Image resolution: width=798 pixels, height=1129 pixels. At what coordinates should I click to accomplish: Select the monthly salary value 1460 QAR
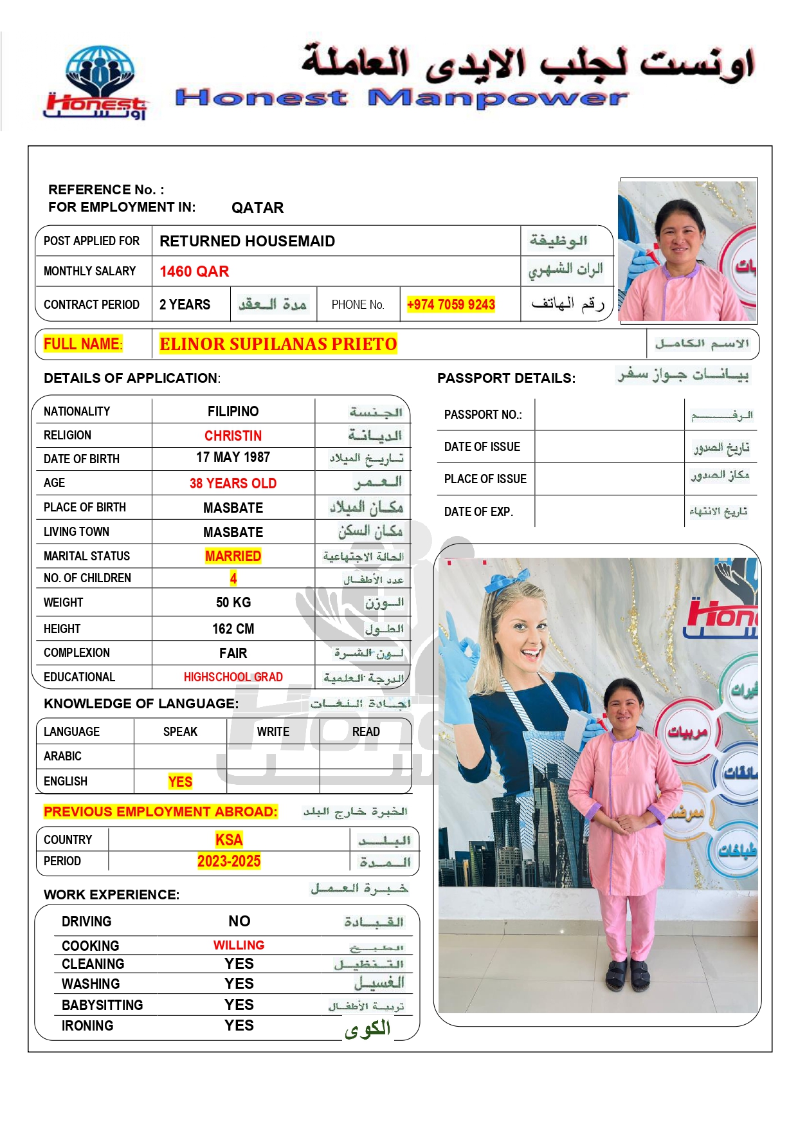[x=194, y=271]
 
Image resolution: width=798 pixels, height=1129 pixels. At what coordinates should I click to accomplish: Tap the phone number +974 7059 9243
[x=451, y=304]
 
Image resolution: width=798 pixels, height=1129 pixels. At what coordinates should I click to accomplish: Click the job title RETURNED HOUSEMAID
[x=247, y=241]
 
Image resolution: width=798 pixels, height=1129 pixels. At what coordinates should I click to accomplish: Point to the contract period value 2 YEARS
[x=185, y=304]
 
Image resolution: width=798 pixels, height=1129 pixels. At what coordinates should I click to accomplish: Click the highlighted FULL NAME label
[x=82, y=344]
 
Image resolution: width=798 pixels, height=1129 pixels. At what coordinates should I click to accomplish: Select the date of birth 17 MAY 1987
[x=233, y=457]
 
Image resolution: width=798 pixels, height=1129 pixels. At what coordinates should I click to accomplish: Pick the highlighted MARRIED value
[x=233, y=556]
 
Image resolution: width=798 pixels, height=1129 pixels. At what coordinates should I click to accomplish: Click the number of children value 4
[x=233, y=578]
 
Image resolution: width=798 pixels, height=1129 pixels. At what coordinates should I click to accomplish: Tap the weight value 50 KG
[x=233, y=603]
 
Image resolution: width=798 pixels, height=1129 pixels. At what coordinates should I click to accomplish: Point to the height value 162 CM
[x=233, y=629]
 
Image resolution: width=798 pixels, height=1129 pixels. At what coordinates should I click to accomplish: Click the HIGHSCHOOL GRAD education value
[x=233, y=677]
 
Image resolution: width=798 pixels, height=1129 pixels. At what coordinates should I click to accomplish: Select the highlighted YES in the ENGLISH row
[x=180, y=782]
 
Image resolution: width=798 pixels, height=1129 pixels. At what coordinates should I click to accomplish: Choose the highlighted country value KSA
[x=229, y=840]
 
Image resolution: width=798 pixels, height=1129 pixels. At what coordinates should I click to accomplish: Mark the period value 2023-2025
[x=229, y=861]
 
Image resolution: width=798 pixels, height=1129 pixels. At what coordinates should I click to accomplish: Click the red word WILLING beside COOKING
[x=239, y=945]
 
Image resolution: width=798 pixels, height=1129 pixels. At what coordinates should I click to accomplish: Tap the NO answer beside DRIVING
[x=239, y=921]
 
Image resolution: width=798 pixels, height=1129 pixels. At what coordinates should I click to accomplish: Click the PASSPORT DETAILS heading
[x=506, y=378]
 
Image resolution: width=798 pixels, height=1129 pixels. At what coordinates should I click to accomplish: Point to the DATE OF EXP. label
[x=478, y=512]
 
